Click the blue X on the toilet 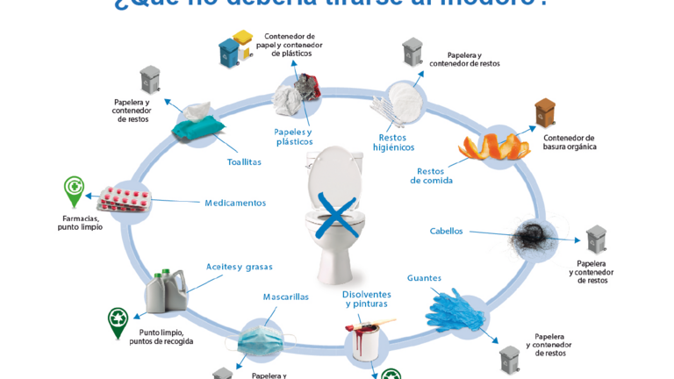point(337,214)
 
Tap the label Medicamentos point(235,203)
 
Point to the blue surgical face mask point(262,338)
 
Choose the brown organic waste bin point(544,116)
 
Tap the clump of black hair point(538,235)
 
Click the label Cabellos point(446,232)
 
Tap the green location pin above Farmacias point(75,190)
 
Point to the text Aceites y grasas point(239,266)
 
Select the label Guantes point(424,278)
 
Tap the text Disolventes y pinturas point(367,299)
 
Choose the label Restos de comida point(431,175)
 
